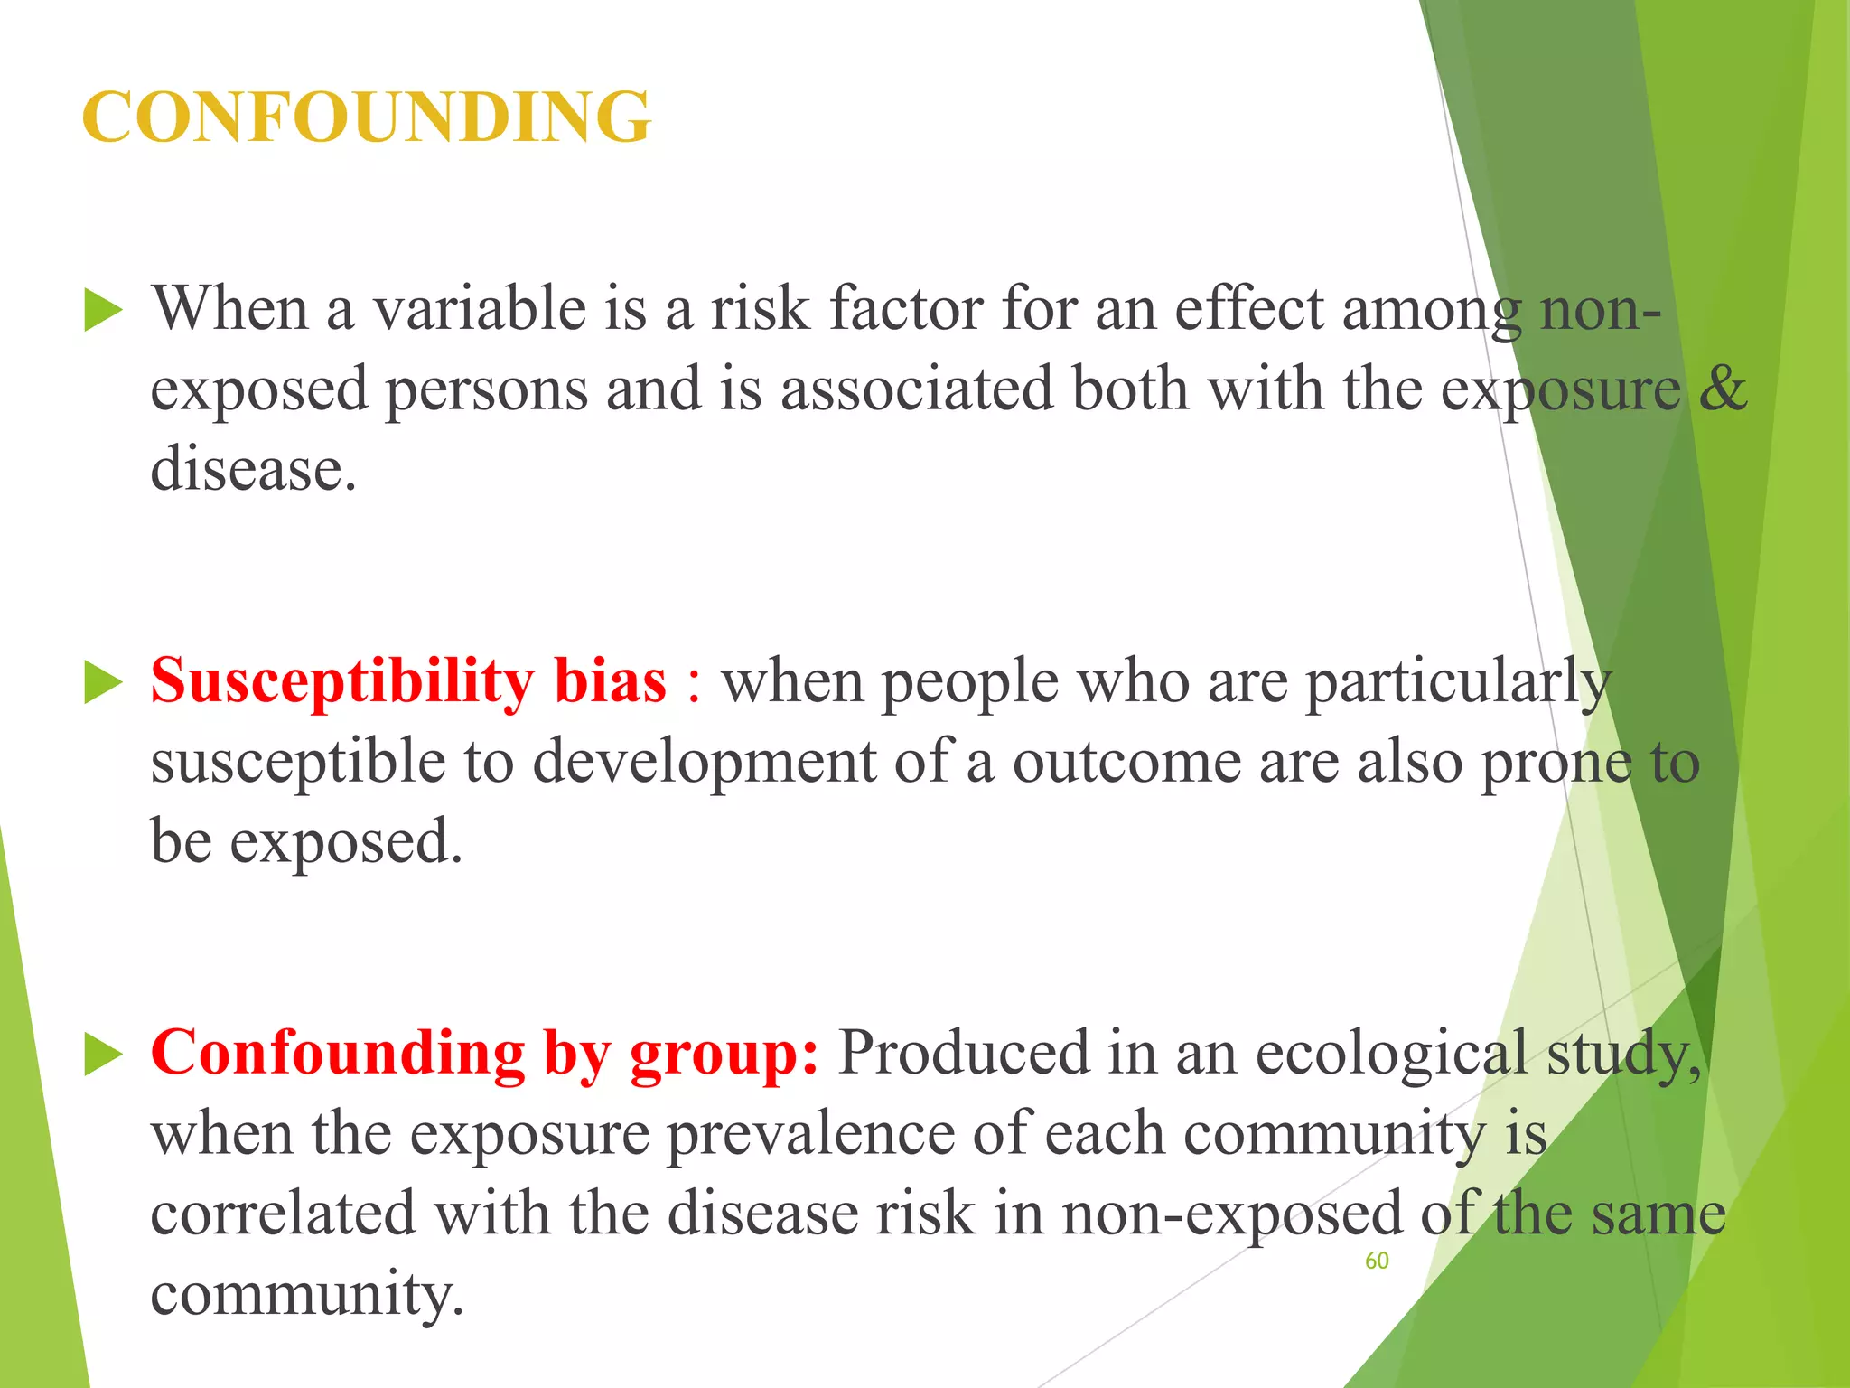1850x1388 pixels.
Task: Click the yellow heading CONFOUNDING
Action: tap(366, 117)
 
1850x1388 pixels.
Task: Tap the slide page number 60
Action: tap(1377, 1261)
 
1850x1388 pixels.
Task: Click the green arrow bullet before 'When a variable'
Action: tap(103, 311)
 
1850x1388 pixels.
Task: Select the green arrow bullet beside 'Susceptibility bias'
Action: tap(103, 682)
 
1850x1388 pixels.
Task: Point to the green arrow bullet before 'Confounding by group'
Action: tap(103, 1055)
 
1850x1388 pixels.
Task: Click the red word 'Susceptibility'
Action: tap(342, 682)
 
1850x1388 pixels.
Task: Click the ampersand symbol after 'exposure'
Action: tap(1723, 389)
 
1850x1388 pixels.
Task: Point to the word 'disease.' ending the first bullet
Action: tap(254, 470)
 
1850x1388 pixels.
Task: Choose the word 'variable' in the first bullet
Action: tap(481, 309)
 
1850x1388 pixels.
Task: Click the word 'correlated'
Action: tap(283, 1214)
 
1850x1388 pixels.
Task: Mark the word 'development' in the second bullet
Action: tap(704, 762)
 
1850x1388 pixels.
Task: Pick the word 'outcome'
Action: tap(1126, 762)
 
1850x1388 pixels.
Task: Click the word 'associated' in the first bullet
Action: tap(917, 389)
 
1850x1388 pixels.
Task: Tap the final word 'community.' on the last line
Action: tap(307, 1295)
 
